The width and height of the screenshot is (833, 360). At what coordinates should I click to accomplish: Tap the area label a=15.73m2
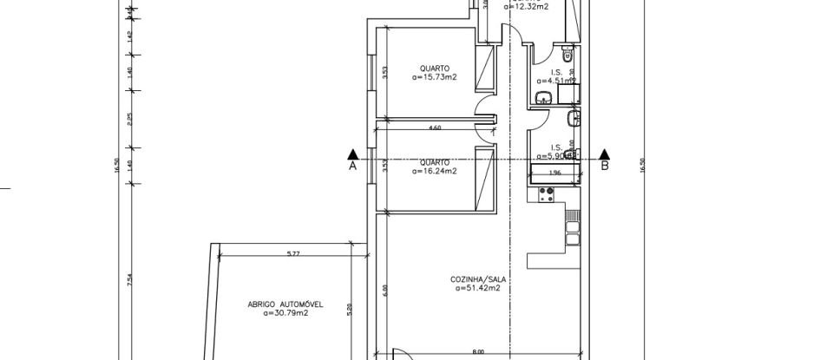pos(435,77)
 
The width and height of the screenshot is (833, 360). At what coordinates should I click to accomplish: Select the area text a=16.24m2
pos(435,171)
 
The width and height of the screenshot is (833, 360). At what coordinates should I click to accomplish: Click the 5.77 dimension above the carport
pos(292,253)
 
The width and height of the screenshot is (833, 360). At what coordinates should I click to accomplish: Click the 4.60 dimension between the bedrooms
pos(435,128)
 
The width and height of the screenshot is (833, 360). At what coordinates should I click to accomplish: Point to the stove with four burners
pos(547,195)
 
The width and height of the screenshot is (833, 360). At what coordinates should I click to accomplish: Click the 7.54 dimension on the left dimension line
pos(128,280)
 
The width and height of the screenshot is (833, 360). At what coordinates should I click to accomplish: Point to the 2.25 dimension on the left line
pos(128,119)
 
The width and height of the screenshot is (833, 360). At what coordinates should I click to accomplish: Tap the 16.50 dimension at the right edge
pos(643,165)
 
